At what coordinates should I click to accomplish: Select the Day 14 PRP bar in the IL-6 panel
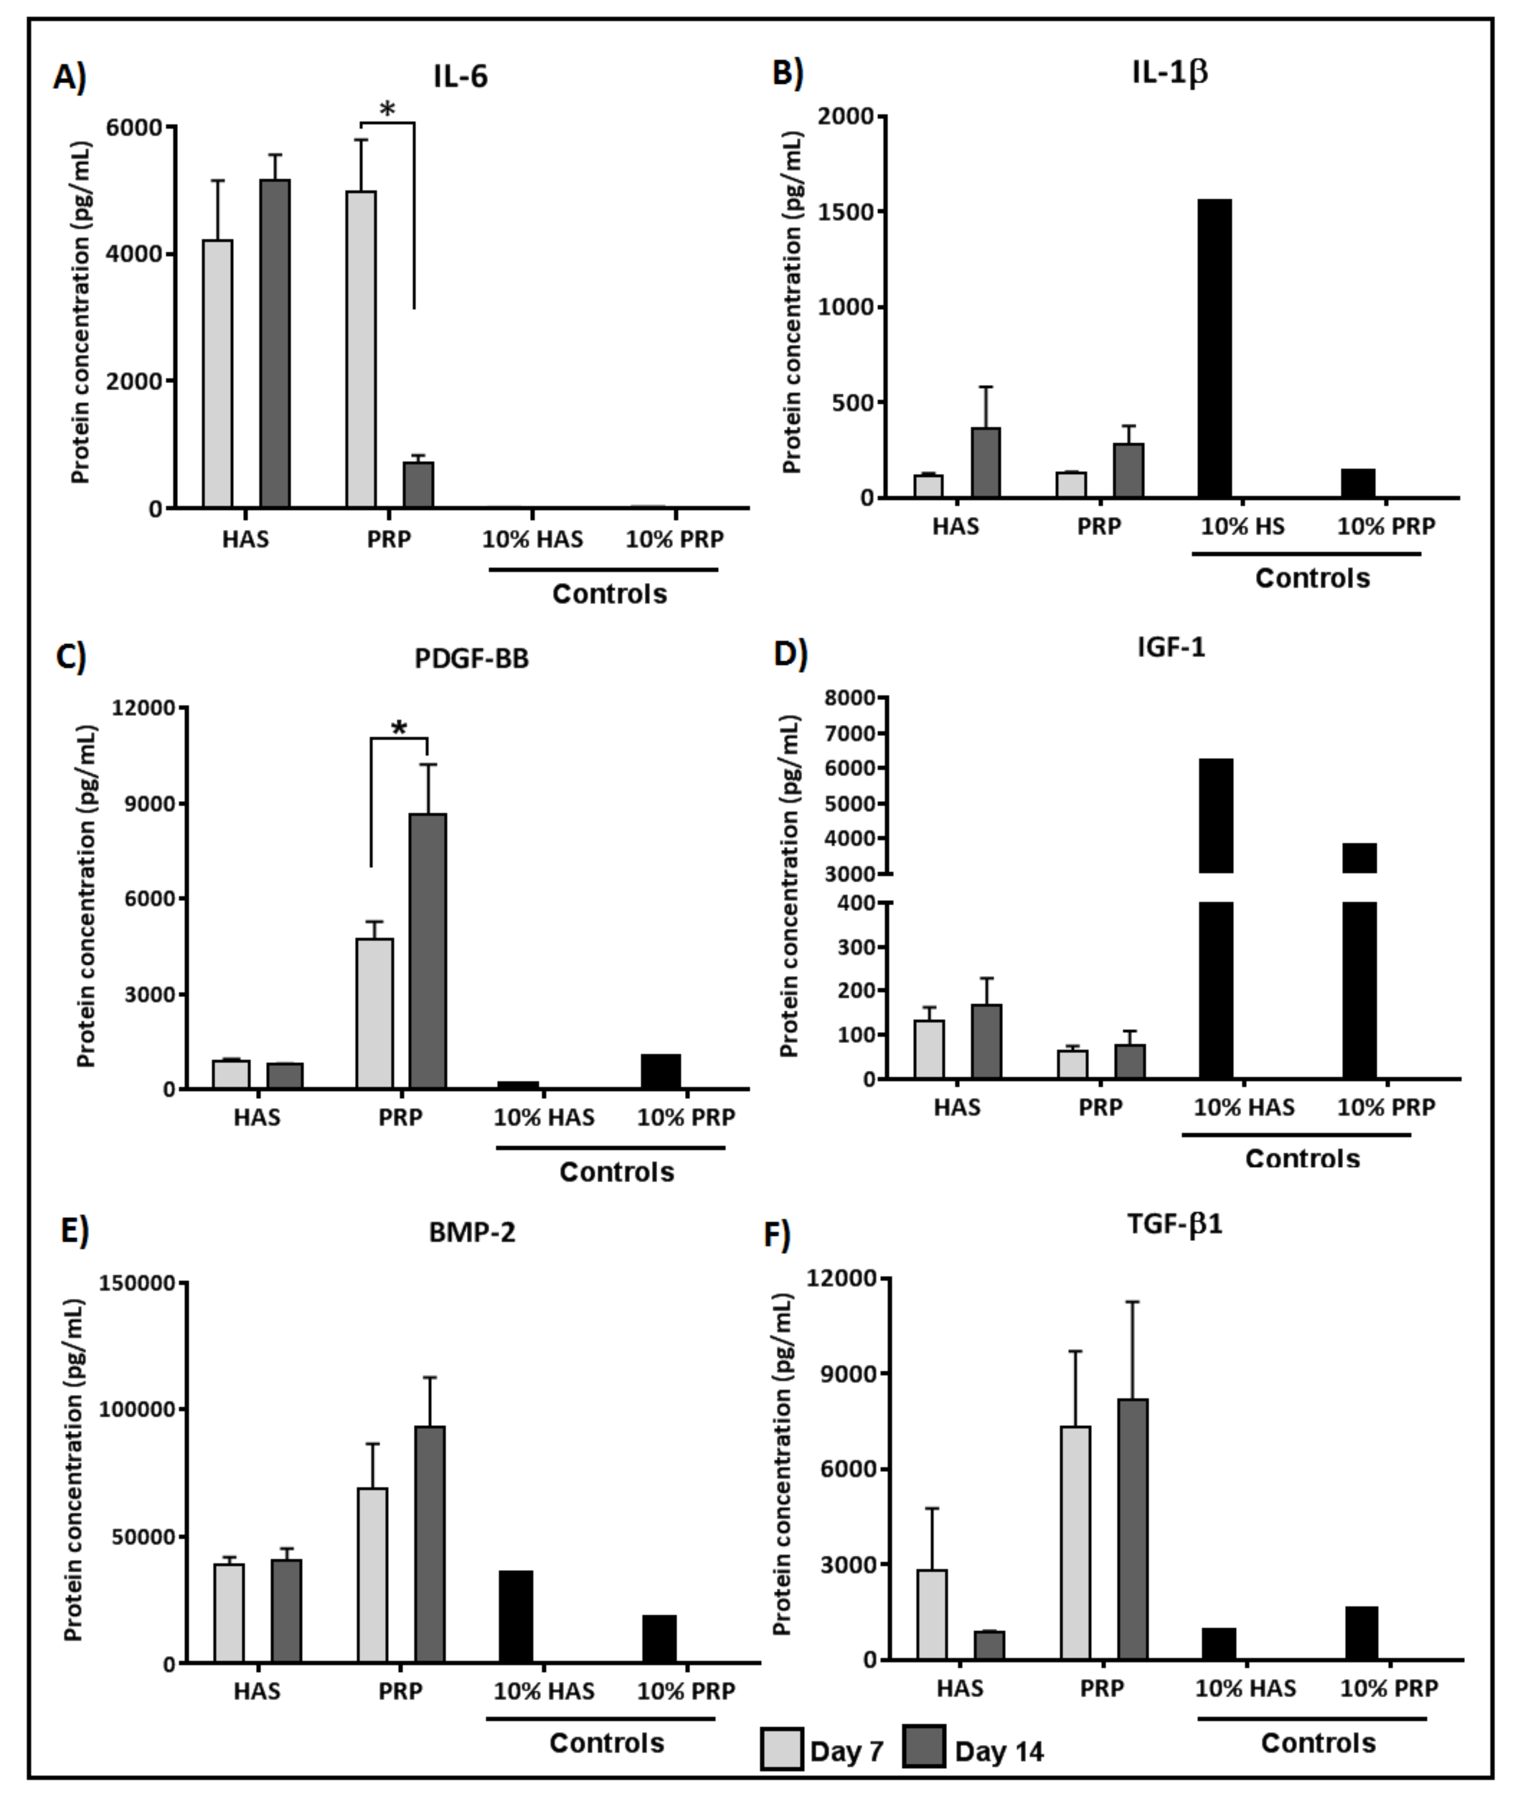click(419, 485)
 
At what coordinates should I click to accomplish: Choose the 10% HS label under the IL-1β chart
click(1242, 526)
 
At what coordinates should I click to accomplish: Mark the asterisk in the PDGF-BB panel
click(399, 728)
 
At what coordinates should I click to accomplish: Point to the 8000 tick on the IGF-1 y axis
click(850, 698)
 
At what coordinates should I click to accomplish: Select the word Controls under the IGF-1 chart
click(1302, 1158)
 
